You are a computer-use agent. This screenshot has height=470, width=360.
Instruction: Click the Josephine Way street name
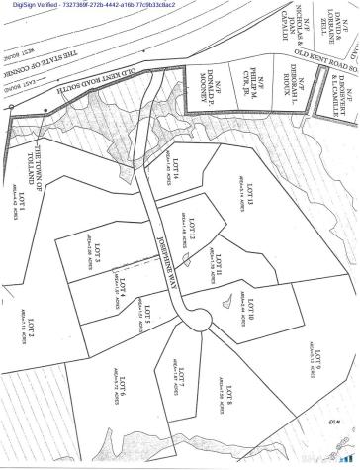click(158, 260)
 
